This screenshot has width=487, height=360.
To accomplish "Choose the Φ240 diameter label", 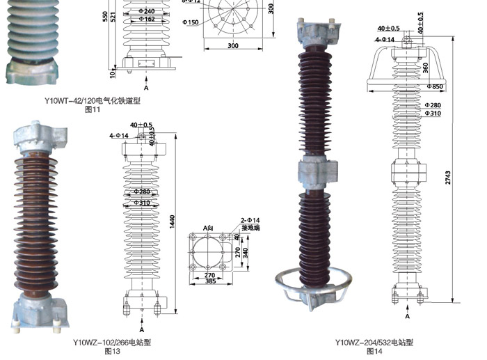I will (146, 10).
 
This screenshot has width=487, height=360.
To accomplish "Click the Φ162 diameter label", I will (146, 19).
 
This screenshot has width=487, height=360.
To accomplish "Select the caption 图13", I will (112, 352).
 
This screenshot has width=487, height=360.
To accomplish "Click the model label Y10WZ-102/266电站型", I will (112, 342).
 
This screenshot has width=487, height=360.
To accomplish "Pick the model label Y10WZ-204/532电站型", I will (374, 342).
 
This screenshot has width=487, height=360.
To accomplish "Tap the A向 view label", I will (207, 228).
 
